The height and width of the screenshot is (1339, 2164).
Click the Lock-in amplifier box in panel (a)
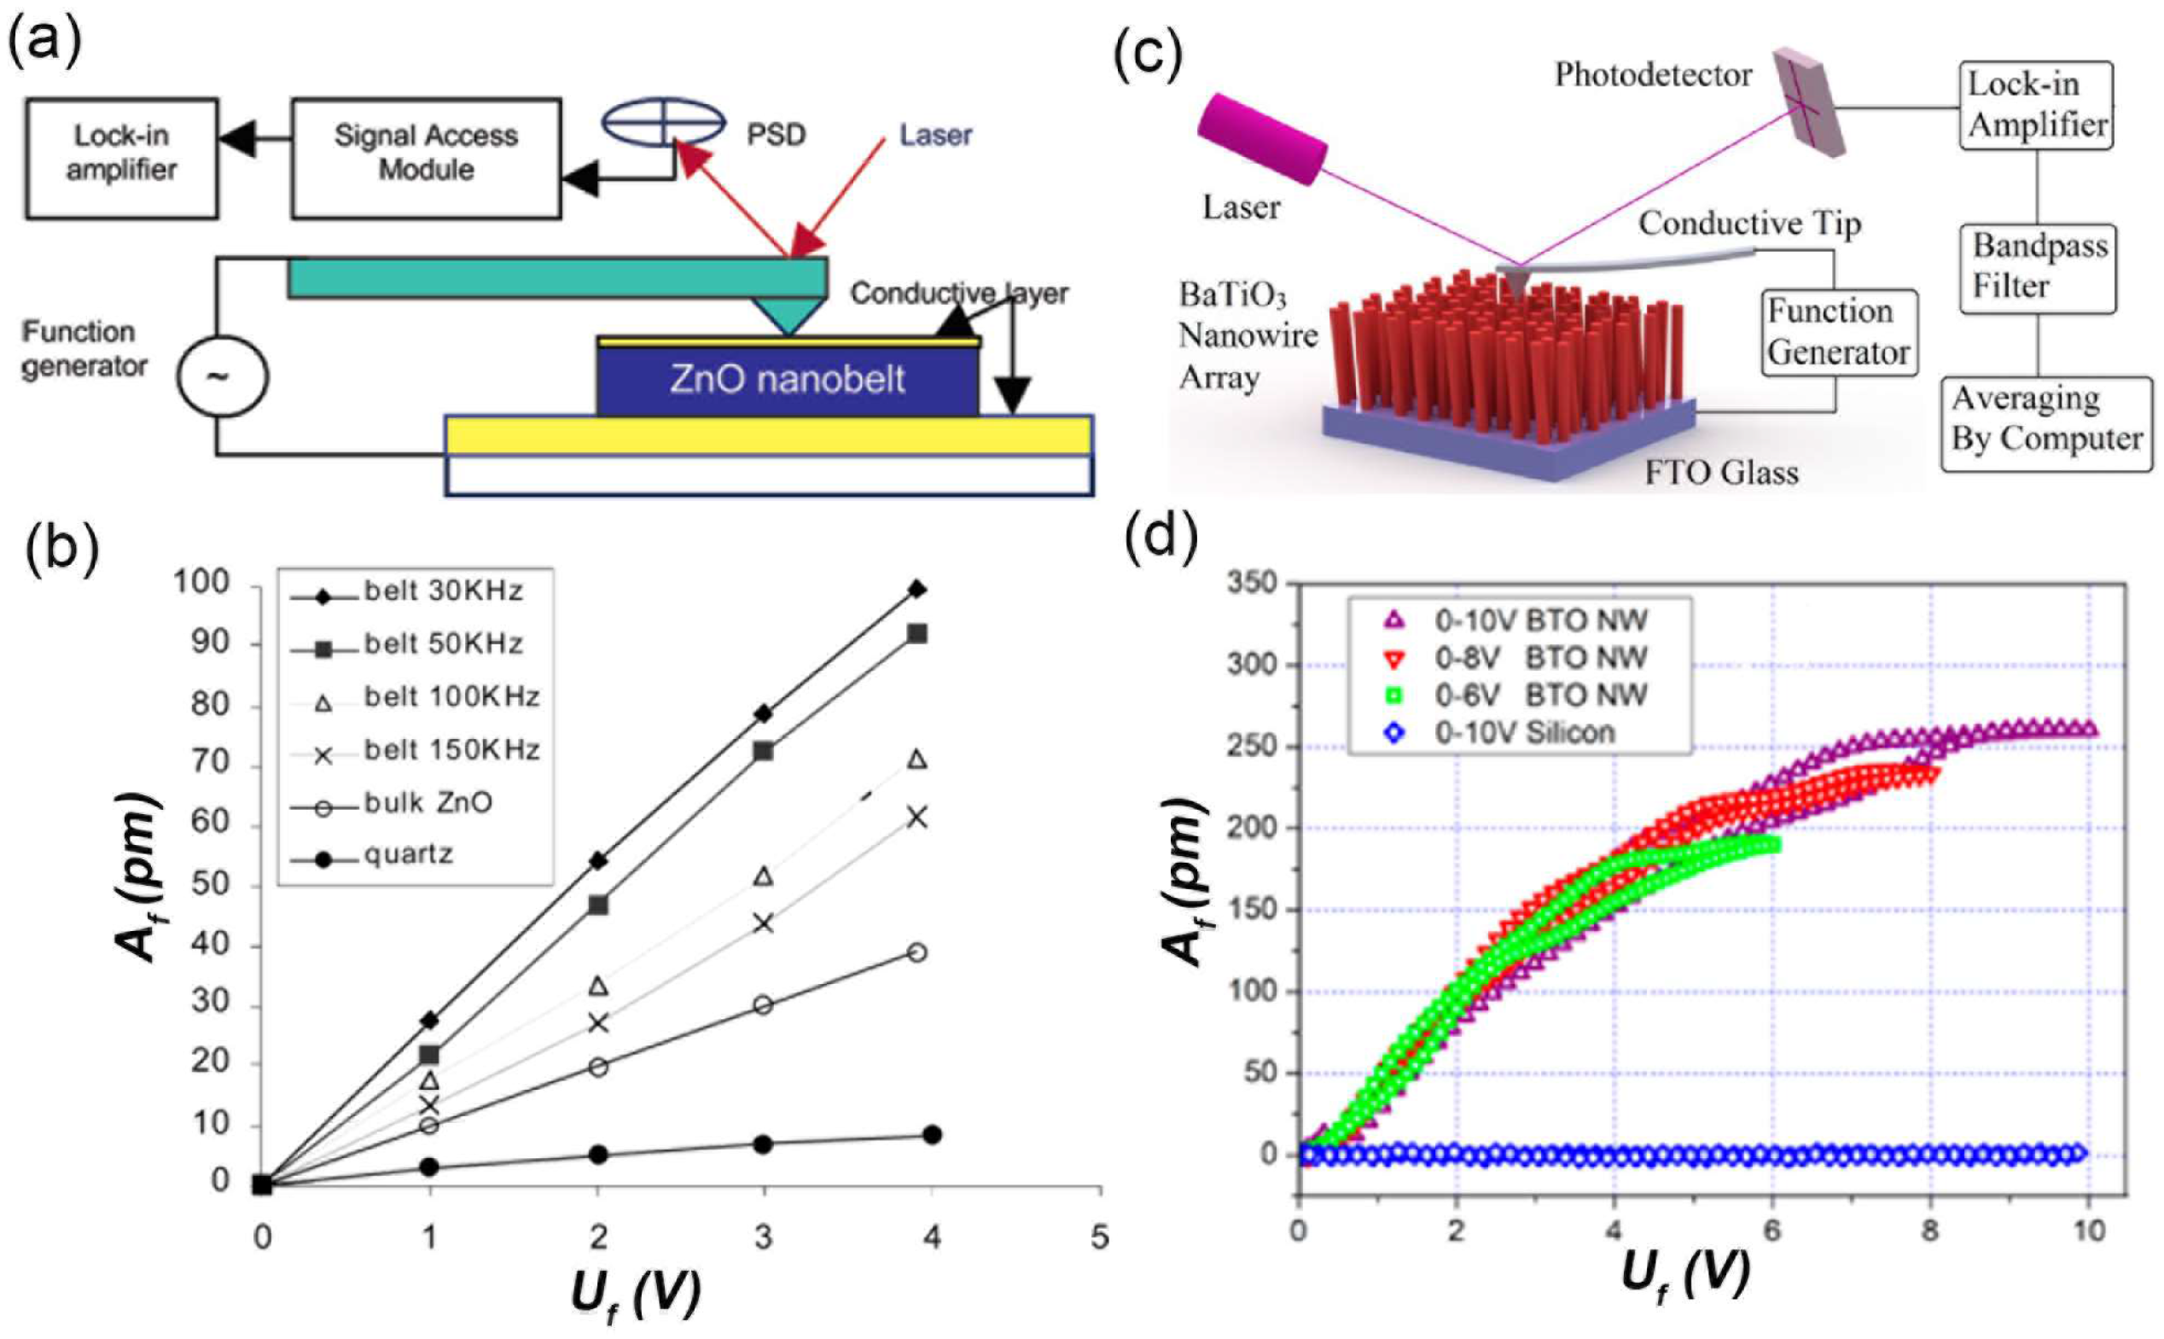point(121,158)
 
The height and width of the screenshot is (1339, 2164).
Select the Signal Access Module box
point(426,158)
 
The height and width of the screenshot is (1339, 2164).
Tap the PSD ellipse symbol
point(663,121)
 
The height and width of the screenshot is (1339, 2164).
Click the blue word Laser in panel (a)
point(935,136)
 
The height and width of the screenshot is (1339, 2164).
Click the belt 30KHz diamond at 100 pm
point(917,590)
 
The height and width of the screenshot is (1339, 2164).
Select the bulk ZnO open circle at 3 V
point(763,1005)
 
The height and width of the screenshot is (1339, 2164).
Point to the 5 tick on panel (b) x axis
point(1099,1237)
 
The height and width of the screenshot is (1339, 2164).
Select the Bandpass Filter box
point(2037,267)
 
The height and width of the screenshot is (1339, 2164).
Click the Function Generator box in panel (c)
point(1838,332)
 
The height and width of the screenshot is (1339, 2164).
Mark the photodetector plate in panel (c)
point(1810,102)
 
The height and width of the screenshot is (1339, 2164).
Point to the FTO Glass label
point(1720,472)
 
